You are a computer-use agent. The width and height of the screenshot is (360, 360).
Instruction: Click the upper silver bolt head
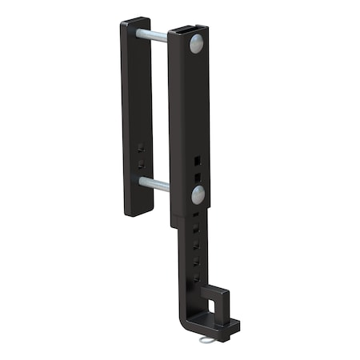pos(196,44)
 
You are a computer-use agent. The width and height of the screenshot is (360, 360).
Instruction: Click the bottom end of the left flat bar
pos(139,211)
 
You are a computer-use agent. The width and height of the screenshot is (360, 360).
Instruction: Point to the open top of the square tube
pos(189,32)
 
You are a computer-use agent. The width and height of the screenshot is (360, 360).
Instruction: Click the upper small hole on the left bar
pos(141,148)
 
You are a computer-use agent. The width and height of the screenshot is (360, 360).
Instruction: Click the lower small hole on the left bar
pos(141,163)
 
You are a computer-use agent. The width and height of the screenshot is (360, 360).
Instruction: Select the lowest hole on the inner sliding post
pos(194,278)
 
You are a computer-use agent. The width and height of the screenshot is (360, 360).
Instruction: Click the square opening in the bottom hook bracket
pos(212,304)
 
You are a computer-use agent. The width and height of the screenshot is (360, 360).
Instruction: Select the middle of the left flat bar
pos(137,116)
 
